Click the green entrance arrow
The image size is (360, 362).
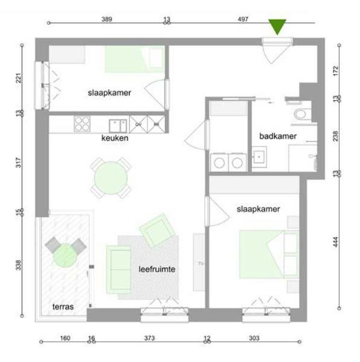coord(277,26)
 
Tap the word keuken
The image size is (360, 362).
coord(115,138)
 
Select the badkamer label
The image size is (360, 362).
coord(278,136)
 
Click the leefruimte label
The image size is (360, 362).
coord(157,269)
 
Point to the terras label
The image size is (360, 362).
coord(63,306)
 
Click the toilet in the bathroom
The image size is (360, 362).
coord(300,114)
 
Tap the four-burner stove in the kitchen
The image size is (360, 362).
coord(82,124)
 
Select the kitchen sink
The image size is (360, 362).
coord(118,126)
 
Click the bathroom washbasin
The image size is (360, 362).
coord(259,157)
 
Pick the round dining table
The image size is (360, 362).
coord(111,178)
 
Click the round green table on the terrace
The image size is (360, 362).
coord(65,255)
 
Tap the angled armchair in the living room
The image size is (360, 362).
coord(157,230)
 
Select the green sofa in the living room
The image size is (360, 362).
coord(118,270)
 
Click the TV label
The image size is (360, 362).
coord(201,263)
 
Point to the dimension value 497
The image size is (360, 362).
coord(243,19)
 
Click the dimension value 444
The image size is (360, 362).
coord(336,242)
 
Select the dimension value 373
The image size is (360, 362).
coord(150,338)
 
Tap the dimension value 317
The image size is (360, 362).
coord(18,162)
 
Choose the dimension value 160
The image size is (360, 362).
coord(65,338)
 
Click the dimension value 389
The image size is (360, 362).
coord(107,19)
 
